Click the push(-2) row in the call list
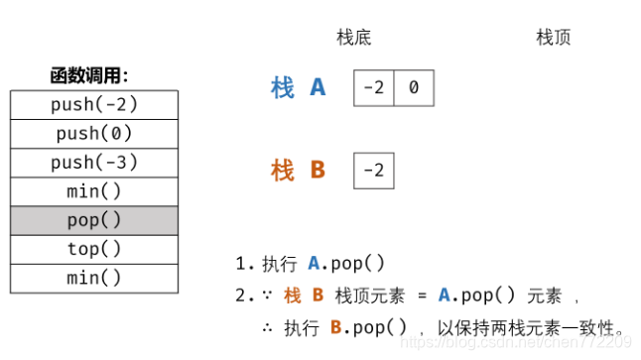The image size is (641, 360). click(94, 104)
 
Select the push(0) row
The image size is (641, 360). click(94, 133)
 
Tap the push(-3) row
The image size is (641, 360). click(94, 163)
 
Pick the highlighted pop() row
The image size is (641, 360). click(94, 220)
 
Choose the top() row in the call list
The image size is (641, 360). click(94, 249)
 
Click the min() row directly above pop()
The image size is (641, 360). click(94, 191)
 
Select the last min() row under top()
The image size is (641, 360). click(94, 278)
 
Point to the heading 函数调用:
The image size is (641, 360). click(89, 75)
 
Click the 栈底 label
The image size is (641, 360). click(354, 38)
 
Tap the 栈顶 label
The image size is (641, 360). click(553, 38)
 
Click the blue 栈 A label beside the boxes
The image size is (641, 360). click(298, 88)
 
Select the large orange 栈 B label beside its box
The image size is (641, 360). click(298, 171)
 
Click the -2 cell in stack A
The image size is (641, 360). click(374, 88)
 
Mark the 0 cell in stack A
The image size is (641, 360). click(414, 88)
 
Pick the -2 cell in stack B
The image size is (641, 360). click(374, 171)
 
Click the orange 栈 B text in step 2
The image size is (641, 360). click(304, 296)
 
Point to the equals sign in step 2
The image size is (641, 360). click(421, 296)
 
